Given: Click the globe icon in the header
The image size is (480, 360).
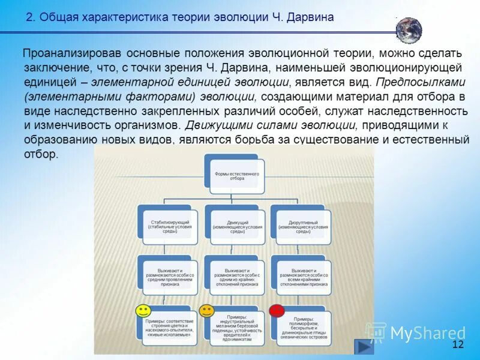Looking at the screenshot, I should (409, 30).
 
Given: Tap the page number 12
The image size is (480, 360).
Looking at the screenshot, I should (458, 344).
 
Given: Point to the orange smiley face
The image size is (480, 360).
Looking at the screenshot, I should (206, 310).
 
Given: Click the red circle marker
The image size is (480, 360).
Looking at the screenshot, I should (277, 311).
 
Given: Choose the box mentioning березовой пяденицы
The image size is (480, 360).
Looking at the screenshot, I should (237, 327).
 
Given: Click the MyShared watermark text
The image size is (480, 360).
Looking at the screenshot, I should (427, 333).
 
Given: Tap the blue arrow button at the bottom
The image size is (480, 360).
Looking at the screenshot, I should (363, 346).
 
